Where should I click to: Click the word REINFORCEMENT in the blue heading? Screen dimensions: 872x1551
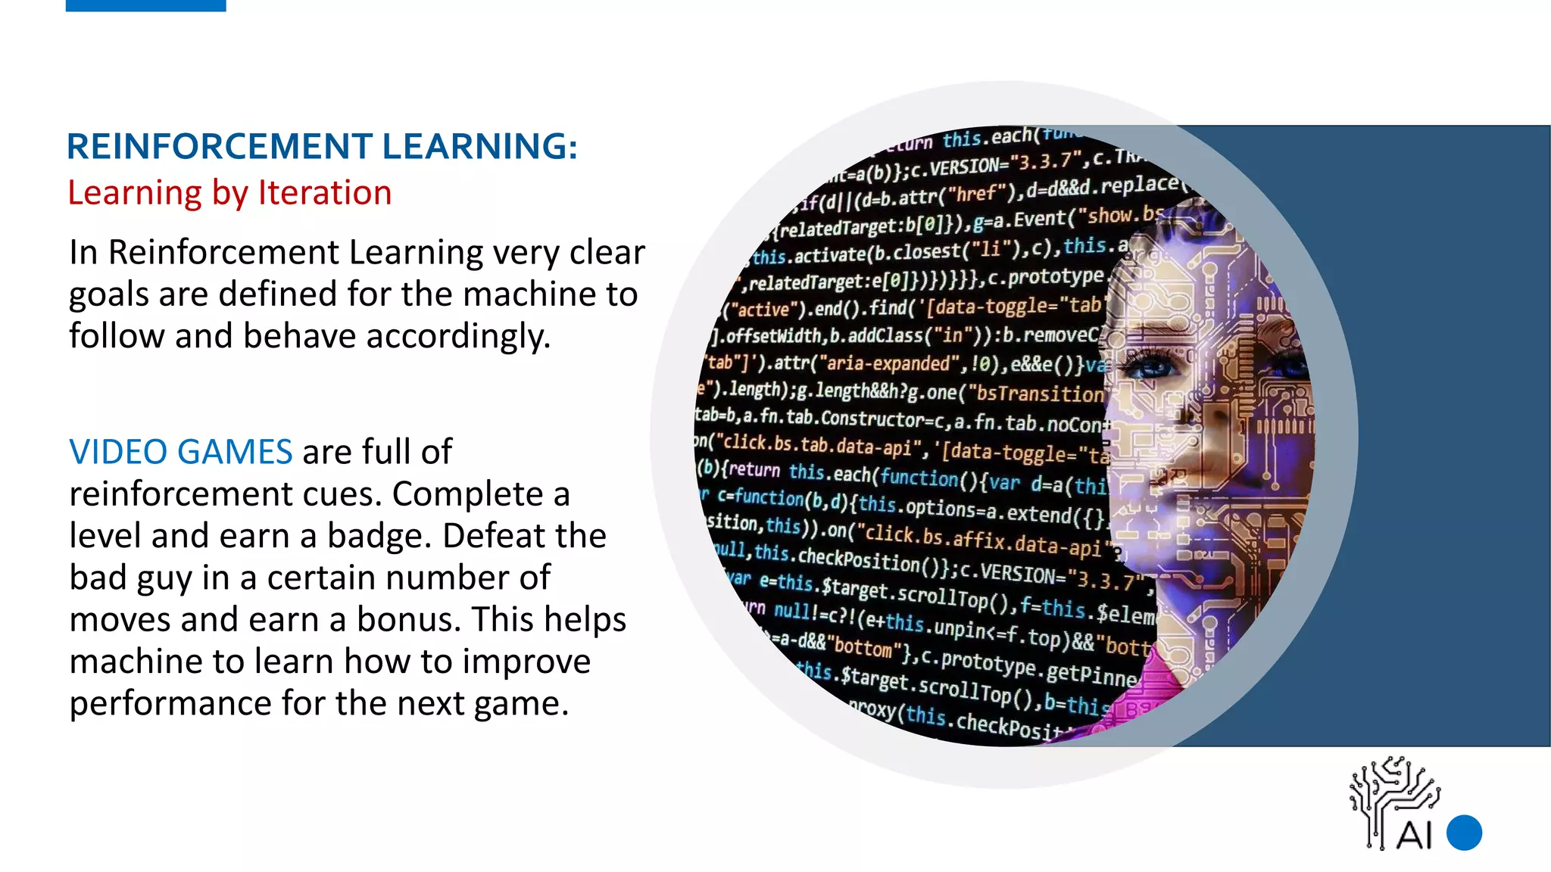click(x=219, y=147)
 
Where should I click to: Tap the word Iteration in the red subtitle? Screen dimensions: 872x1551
click(x=325, y=193)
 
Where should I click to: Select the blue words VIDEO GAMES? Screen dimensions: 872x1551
click(x=180, y=452)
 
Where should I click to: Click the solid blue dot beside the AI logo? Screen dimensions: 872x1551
click(x=1464, y=833)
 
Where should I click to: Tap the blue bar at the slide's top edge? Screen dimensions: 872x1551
click(x=145, y=5)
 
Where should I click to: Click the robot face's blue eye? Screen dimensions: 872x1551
click(x=1155, y=369)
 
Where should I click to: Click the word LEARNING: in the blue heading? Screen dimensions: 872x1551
click(x=479, y=147)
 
